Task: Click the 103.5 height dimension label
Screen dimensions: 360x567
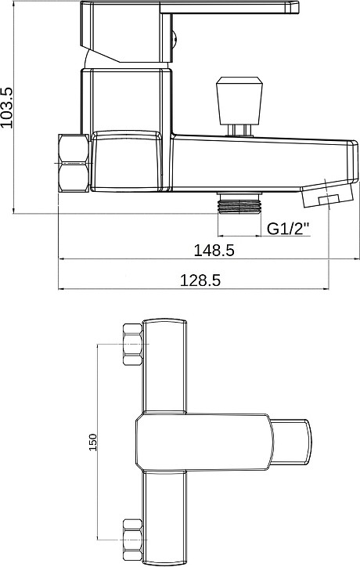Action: [x=7, y=107]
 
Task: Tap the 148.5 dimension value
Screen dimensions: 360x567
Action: [x=214, y=251]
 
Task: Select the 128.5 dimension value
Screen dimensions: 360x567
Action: [x=200, y=280]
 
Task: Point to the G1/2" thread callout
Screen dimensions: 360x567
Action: [x=288, y=229]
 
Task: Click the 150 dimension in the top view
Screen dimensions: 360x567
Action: [x=93, y=442]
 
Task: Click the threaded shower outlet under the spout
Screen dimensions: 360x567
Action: [x=239, y=203]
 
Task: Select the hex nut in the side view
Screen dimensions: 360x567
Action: [x=74, y=163]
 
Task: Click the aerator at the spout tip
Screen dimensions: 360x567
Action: [x=327, y=194]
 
